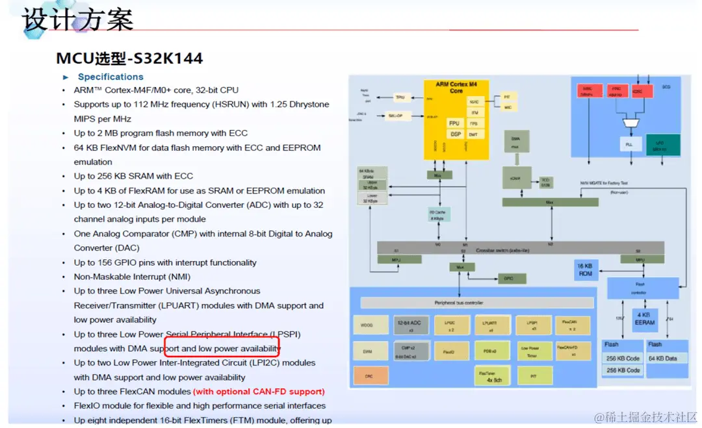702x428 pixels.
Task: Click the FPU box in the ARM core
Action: coord(455,123)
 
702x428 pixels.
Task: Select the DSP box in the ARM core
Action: coord(455,134)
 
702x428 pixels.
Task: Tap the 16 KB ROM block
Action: coord(585,271)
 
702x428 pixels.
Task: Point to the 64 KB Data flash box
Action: coord(662,358)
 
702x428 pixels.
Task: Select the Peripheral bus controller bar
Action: coord(476,303)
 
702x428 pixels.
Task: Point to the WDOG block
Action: coord(367,325)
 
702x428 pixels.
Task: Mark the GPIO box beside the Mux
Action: coord(508,279)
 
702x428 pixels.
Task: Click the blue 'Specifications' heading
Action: coord(110,77)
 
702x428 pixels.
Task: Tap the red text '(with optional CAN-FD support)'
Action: coord(259,392)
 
